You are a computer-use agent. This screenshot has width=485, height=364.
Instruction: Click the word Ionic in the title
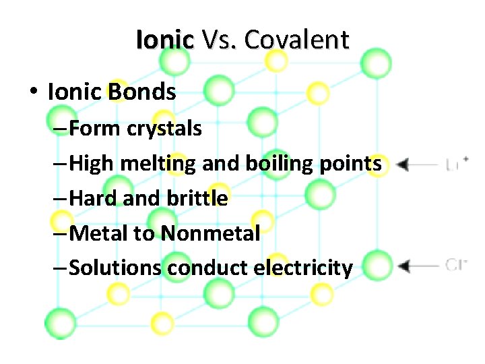(164, 40)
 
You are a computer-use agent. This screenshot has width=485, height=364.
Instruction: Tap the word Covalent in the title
(296, 40)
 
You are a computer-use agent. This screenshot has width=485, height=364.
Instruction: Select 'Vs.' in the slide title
(219, 40)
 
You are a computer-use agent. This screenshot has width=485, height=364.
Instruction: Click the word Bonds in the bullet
(141, 92)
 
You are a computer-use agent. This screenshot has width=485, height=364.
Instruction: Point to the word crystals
(164, 129)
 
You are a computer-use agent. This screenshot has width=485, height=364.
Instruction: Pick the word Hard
(91, 199)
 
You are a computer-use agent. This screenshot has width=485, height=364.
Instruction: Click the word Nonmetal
(211, 234)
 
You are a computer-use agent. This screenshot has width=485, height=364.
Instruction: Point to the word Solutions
(115, 268)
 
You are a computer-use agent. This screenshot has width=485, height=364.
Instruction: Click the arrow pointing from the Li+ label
(417, 164)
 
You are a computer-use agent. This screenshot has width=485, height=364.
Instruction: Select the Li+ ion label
(457, 164)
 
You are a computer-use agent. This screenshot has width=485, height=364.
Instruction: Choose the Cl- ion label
(456, 265)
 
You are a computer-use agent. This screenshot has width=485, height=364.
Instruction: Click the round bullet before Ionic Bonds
(33, 93)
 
